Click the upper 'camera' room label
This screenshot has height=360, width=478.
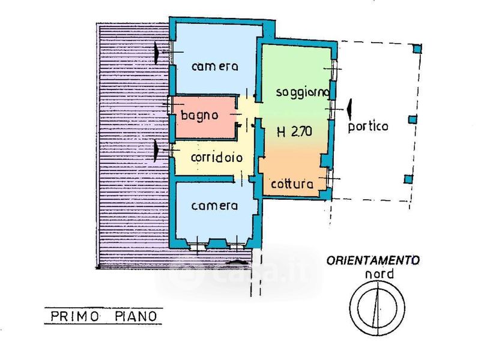pyautogui.click(x=215, y=66)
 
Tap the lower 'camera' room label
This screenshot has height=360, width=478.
pyautogui.click(x=214, y=206)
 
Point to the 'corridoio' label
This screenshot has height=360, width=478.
pyautogui.click(x=216, y=158)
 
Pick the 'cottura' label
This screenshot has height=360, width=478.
pyautogui.click(x=292, y=184)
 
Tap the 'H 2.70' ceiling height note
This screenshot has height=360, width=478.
pyautogui.click(x=294, y=133)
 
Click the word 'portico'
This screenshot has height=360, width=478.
pyautogui.click(x=368, y=127)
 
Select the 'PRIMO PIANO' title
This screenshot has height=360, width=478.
pyautogui.click(x=103, y=315)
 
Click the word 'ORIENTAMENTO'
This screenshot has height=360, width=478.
pyautogui.click(x=373, y=260)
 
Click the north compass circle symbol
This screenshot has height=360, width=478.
pyautogui.click(x=377, y=306)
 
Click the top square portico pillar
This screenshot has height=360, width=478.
pyautogui.click(x=418, y=48)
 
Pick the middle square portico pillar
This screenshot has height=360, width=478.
pyautogui.click(x=412, y=120)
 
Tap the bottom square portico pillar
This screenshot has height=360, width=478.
pyautogui.click(x=408, y=178)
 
